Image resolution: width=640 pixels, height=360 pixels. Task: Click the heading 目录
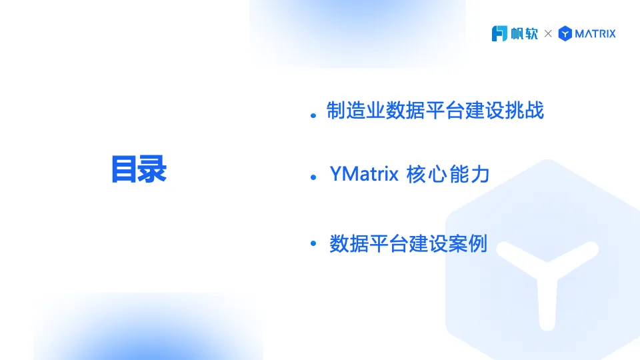point(139,169)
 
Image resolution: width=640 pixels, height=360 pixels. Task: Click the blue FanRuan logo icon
point(499,33)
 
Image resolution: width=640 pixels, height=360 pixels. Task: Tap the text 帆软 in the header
point(525,33)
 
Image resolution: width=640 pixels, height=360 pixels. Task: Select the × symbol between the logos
point(548,33)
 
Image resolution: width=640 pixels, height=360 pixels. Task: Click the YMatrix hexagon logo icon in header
point(565,33)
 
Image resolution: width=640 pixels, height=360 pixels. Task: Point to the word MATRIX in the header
point(595,33)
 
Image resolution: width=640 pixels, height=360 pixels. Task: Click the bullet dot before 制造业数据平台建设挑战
point(313,115)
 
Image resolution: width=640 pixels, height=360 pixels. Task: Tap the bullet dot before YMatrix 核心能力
point(313,177)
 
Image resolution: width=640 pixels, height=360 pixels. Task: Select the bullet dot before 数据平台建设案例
point(313,243)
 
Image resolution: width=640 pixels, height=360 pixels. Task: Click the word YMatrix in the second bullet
point(364,174)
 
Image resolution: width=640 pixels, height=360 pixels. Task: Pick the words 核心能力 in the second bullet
point(448,174)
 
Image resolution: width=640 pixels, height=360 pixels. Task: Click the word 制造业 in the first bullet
point(355,110)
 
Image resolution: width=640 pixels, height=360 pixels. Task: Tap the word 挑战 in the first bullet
point(525,110)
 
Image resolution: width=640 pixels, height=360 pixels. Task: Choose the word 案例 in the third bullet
point(468,244)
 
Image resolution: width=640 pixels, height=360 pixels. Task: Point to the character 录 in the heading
point(153,169)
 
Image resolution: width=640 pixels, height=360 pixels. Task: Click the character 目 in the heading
point(124,169)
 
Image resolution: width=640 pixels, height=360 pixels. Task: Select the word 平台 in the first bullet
point(445,110)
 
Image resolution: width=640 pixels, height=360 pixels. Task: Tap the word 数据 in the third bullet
point(349,244)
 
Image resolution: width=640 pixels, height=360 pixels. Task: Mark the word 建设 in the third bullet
point(429,244)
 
